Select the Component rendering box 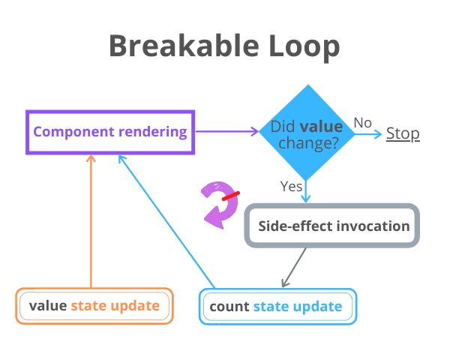point(110,133)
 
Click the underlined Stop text point(403,134)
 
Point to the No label point(363,122)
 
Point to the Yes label point(291,185)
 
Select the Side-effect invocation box point(332,226)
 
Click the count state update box point(277,307)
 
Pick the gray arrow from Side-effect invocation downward point(295,267)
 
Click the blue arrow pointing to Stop point(367,134)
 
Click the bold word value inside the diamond point(326,126)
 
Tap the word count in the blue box point(229,307)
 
